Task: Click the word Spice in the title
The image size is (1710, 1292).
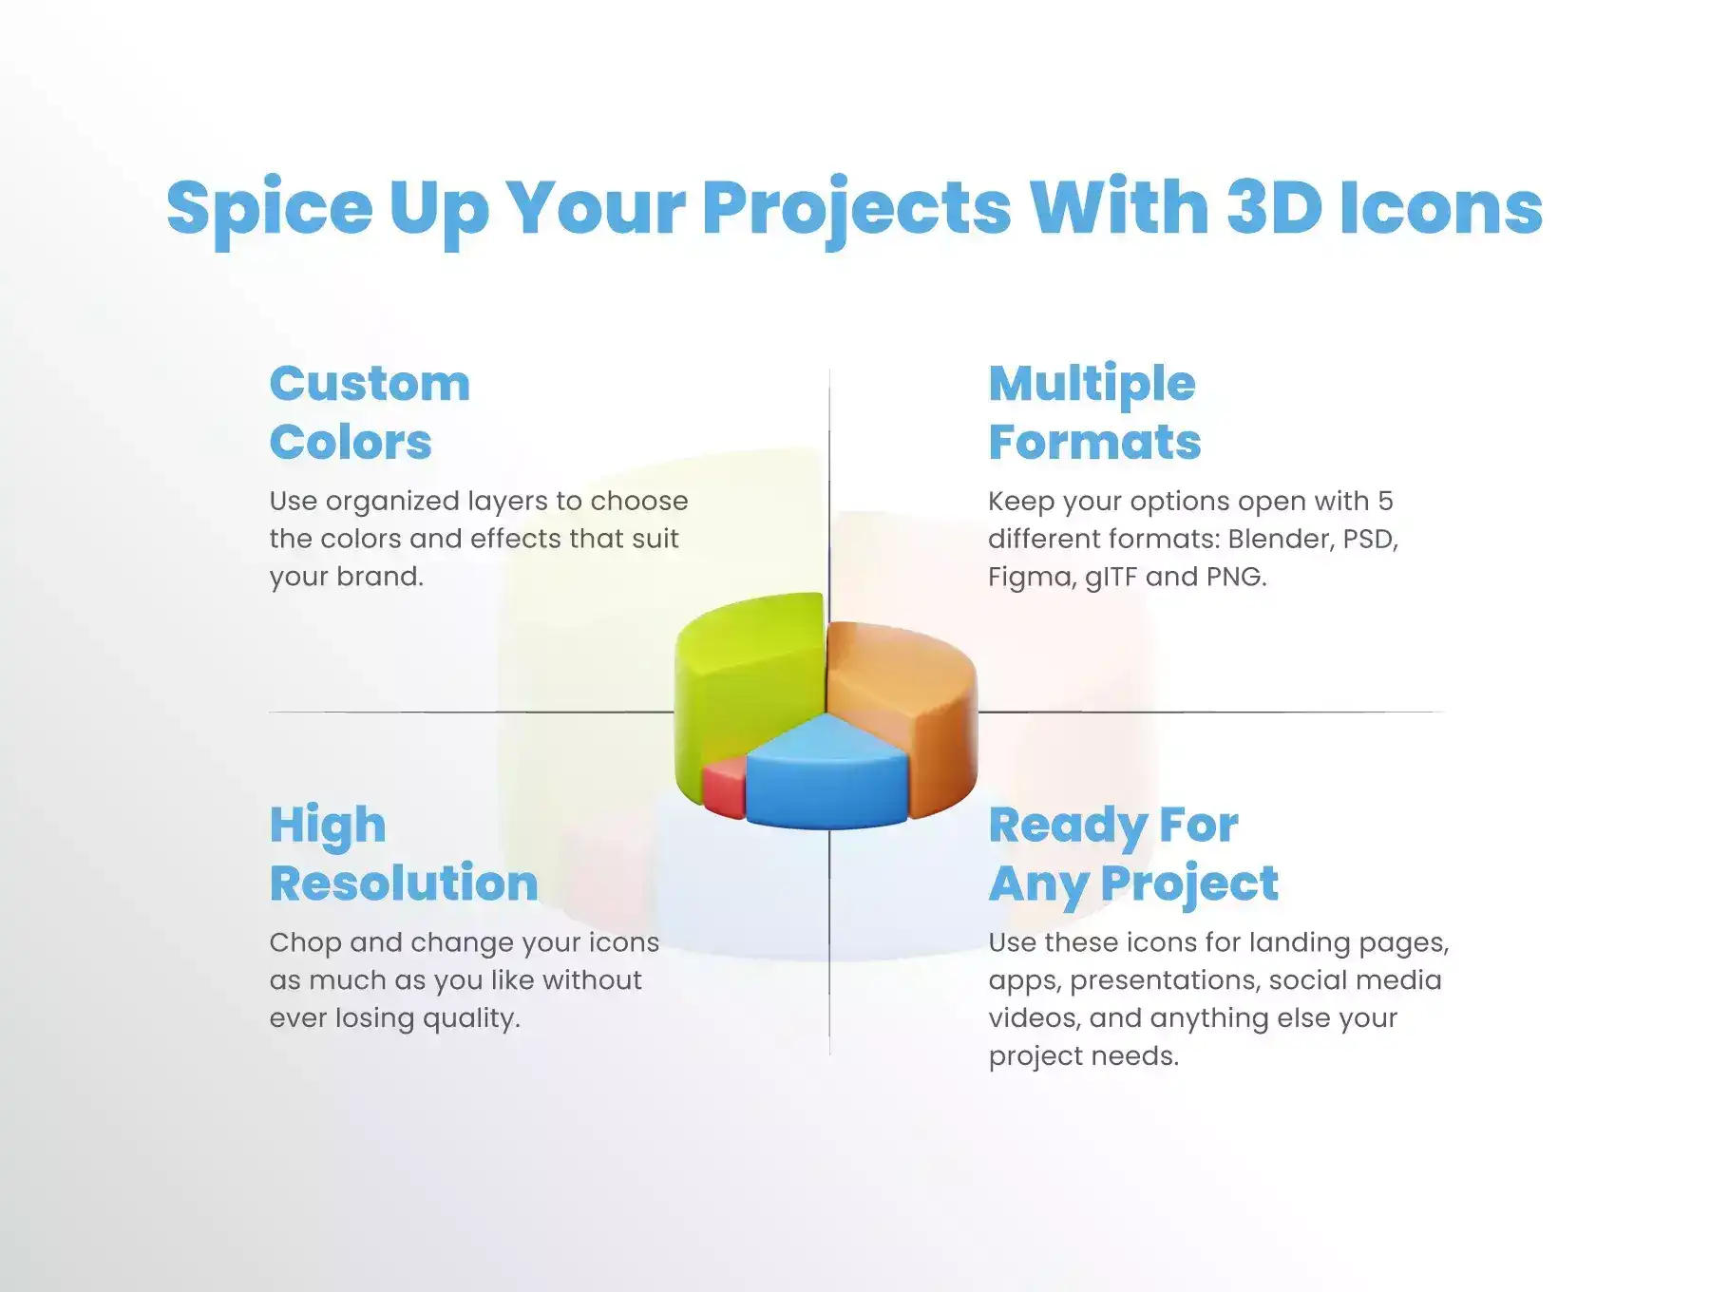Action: [270, 209]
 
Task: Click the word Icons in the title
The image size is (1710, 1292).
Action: [1441, 207]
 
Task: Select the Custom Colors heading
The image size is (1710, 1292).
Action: [370, 412]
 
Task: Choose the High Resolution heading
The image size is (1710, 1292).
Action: [404, 854]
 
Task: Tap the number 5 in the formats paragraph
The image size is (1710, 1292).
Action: [1385, 501]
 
